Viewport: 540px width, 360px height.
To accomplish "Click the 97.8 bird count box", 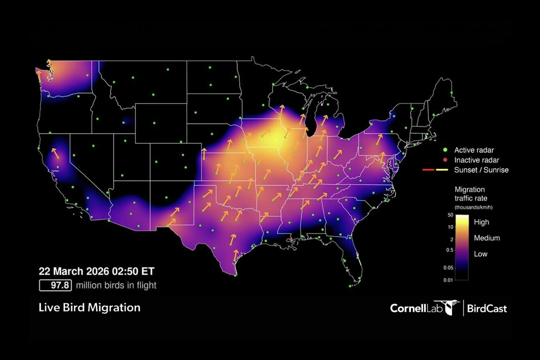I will tap(55, 285).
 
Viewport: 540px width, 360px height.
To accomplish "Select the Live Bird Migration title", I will tap(89, 307).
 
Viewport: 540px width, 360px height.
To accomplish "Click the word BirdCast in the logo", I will tap(487, 309).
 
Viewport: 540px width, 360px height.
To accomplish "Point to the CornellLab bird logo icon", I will tap(450, 307).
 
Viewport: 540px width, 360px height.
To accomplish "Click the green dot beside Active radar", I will tap(445, 150).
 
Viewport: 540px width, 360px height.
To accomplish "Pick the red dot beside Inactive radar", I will tap(445, 160).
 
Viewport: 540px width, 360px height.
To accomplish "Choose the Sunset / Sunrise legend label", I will tap(481, 170).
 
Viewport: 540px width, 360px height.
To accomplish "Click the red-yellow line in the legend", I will tap(435, 170).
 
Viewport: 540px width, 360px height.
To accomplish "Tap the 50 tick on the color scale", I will tap(450, 215).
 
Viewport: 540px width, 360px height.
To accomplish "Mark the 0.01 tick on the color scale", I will tap(448, 280).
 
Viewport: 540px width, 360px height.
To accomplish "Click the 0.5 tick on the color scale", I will tap(450, 250).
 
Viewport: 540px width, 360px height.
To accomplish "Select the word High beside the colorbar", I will tap(481, 222).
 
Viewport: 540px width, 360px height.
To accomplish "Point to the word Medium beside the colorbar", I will tap(487, 238).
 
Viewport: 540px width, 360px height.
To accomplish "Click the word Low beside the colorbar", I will tap(481, 254).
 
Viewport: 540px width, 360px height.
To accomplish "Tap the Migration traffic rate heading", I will tap(471, 194).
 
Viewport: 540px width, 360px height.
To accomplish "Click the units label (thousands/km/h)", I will tap(473, 207).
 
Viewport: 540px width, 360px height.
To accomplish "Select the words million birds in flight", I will tap(116, 285).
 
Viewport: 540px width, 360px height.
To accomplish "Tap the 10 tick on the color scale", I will tap(450, 227).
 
